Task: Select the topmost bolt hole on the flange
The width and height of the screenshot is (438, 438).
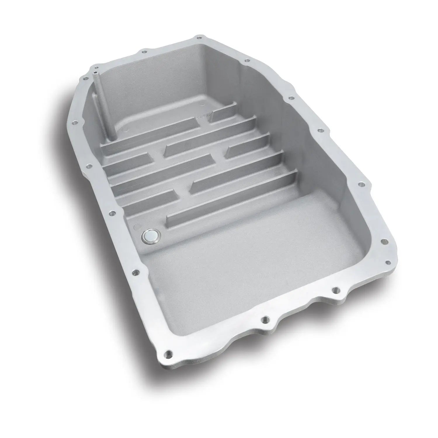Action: point(199,37)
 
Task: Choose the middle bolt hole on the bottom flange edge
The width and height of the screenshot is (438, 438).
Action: point(265,319)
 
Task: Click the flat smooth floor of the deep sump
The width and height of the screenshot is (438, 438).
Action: point(248,257)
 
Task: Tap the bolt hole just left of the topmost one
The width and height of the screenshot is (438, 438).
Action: point(144,52)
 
